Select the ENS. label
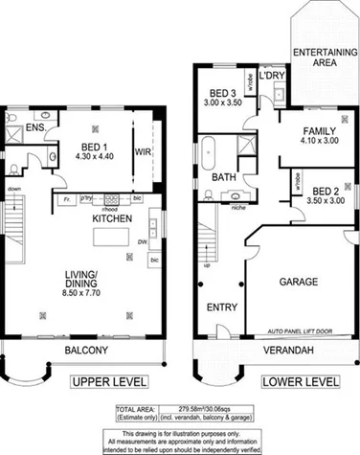pos(37,126)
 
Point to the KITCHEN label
pos(111,218)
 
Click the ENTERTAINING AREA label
pos(319,57)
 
